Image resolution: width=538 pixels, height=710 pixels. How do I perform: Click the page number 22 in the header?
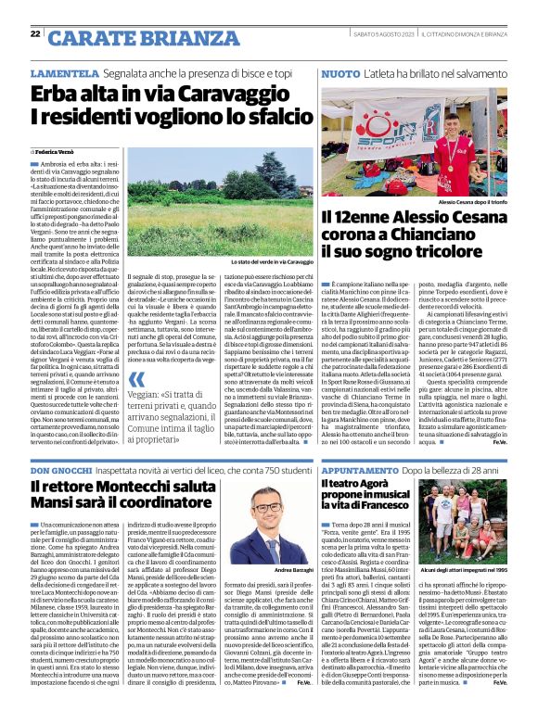(34, 35)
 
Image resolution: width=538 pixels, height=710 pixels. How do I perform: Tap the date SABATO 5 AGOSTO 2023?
(375, 35)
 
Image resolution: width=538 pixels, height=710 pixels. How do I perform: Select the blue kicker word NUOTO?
(340, 72)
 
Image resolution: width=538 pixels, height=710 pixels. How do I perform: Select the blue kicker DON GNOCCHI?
(64, 472)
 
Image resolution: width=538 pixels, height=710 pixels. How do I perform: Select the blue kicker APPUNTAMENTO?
(365, 472)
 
